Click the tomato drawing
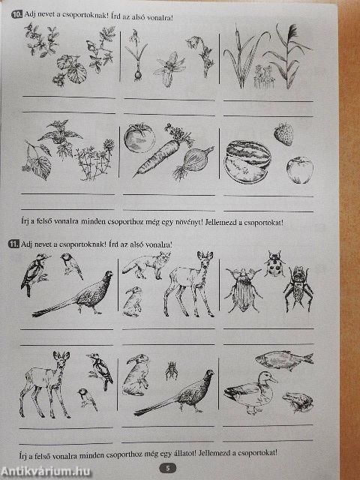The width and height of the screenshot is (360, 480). pyautogui.click(x=139, y=138)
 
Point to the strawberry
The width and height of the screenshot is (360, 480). pyautogui.click(x=283, y=133)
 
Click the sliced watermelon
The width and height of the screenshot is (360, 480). pyautogui.click(x=247, y=162)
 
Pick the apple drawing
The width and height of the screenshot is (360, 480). pyautogui.click(x=300, y=170)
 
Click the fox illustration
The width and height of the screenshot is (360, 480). pyautogui.click(x=147, y=265)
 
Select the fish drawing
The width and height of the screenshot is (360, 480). pyautogui.click(x=284, y=359)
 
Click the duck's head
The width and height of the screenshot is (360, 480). pyautogui.click(x=267, y=379)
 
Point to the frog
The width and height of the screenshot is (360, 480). pyautogui.click(x=298, y=402)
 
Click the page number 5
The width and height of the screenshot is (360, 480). pyautogui.click(x=167, y=468)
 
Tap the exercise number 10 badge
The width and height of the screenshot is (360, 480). pyautogui.click(x=16, y=14)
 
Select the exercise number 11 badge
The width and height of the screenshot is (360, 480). pyautogui.click(x=14, y=244)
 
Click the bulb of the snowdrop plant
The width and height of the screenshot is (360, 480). pyautogui.click(x=138, y=75)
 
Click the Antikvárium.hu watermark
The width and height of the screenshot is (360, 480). pyautogui.click(x=46, y=472)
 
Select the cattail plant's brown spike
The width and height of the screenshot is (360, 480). pyautogui.click(x=236, y=38)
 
